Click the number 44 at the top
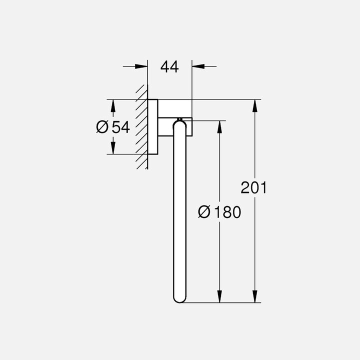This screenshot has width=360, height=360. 169,66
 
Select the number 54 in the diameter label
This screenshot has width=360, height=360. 120,127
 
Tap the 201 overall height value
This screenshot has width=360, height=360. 254,188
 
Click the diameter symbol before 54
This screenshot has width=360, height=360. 102,127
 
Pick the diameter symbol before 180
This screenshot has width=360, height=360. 204,212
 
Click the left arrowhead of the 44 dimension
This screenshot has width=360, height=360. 142,66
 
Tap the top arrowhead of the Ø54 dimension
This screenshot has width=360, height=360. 113,105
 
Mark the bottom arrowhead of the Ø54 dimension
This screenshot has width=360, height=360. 113,148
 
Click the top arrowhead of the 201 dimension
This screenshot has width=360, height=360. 255,105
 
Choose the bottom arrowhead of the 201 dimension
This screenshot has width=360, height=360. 255,297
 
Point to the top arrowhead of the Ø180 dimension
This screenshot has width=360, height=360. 219,126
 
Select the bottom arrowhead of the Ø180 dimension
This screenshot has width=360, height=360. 219,297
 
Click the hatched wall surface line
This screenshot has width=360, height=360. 147,127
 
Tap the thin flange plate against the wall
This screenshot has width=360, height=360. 153,127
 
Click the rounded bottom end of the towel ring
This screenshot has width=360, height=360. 179,298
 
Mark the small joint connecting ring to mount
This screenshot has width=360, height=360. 179,119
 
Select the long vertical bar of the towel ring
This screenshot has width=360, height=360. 179,210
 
